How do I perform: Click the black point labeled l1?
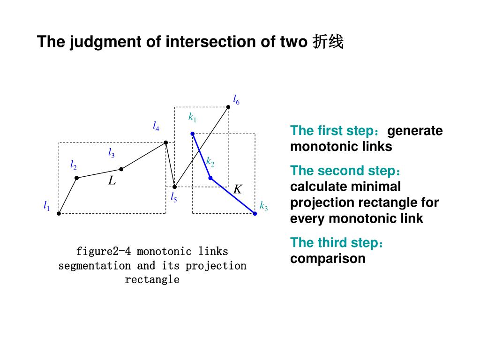point(59,213)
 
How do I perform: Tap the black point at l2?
point(76,178)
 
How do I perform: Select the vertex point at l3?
point(121,169)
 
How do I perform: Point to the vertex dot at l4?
point(166,142)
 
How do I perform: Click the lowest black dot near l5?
point(174,187)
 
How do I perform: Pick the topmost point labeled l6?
point(228,107)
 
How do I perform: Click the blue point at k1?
point(192,134)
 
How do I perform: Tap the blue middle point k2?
point(210,178)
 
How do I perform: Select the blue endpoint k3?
point(255,213)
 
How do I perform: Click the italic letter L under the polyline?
point(112,180)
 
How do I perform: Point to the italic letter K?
point(238,189)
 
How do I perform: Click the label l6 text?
point(236,99)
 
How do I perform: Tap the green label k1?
point(192,117)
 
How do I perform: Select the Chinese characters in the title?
point(328,42)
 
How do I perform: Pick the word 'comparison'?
point(328,258)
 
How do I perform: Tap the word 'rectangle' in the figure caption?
point(152,280)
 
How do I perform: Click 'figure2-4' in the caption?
point(103,251)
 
